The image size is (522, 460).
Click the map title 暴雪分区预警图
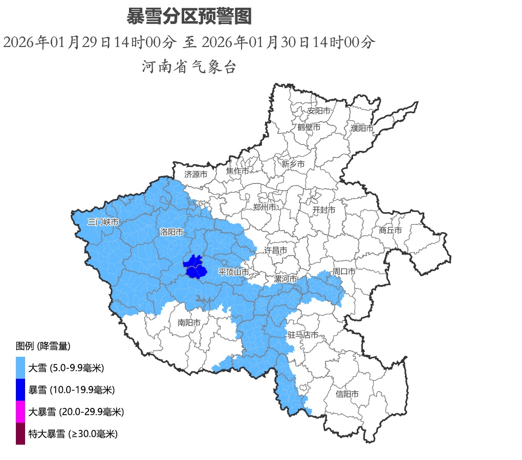(x=189, y=17)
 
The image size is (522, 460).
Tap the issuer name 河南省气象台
(x=189, y=67)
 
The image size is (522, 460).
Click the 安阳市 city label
(x=318, y=110)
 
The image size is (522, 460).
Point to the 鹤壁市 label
(x=309, y=127)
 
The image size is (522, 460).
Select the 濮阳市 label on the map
(x=362, y=128)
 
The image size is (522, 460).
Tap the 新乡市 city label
(x=293, y=164)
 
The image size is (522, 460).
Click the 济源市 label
(x=195, y=174)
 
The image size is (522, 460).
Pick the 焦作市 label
(x=237, y=171)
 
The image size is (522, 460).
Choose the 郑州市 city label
(x=265, y=207)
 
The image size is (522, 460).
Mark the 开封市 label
(x=324, y=210)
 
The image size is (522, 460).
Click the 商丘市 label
(x=390, y=231)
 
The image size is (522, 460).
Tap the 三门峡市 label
(x=103, y=222)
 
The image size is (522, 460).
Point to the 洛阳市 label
(x=171, y=232)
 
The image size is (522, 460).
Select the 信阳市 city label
(x=347, y=394)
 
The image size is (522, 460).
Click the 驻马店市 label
(x=303, y=335)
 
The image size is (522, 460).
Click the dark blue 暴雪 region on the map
(x=194, y=268)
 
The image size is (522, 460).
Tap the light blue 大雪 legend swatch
(x=20, y=367)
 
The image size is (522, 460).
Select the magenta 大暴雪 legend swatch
(x=20, y=411)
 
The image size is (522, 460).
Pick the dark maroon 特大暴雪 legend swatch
(x=20, y=433)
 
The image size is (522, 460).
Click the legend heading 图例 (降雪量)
(x=43, y=346)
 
